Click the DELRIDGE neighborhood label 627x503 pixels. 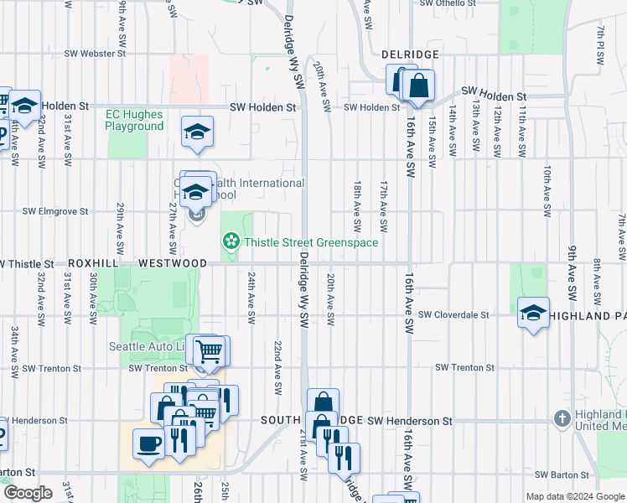tap(410, 54)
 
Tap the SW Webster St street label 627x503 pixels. tap(96, 54)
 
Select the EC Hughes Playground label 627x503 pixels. tap(134, 121)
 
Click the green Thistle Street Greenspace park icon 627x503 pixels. tap(230, 243)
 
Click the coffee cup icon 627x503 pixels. tap(149, 443)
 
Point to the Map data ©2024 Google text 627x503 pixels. tap(575, 496)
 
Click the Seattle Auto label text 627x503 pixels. tap(148, 346)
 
